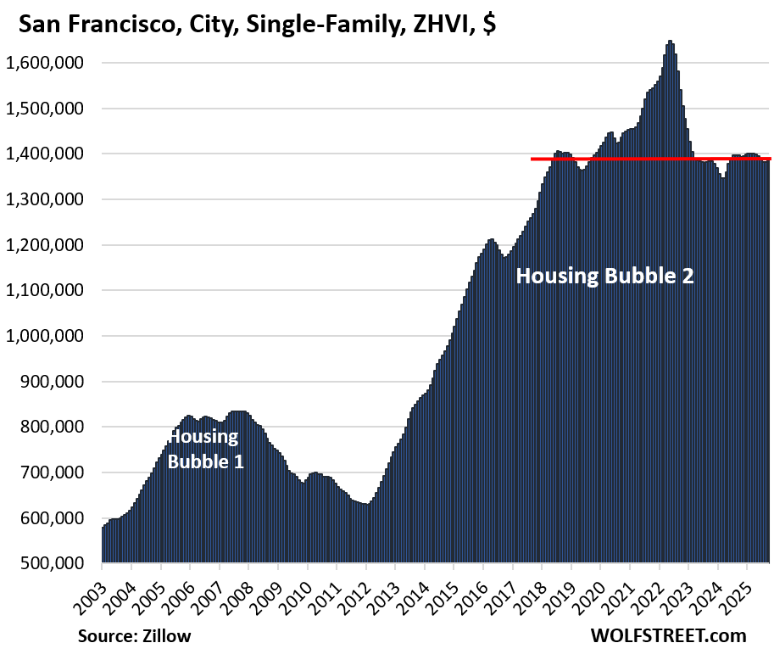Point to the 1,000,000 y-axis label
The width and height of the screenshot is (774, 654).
tap(50, 336)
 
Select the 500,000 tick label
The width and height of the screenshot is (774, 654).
tap(58, 563)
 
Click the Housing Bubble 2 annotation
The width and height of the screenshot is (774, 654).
tap(604, 276)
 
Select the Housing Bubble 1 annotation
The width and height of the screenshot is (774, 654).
tap(204, 449)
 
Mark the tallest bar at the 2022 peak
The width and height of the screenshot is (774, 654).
tap(670, 42)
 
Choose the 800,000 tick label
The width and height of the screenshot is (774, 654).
tap(58, 427)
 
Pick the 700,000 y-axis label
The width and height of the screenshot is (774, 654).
tap(58, 472)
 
